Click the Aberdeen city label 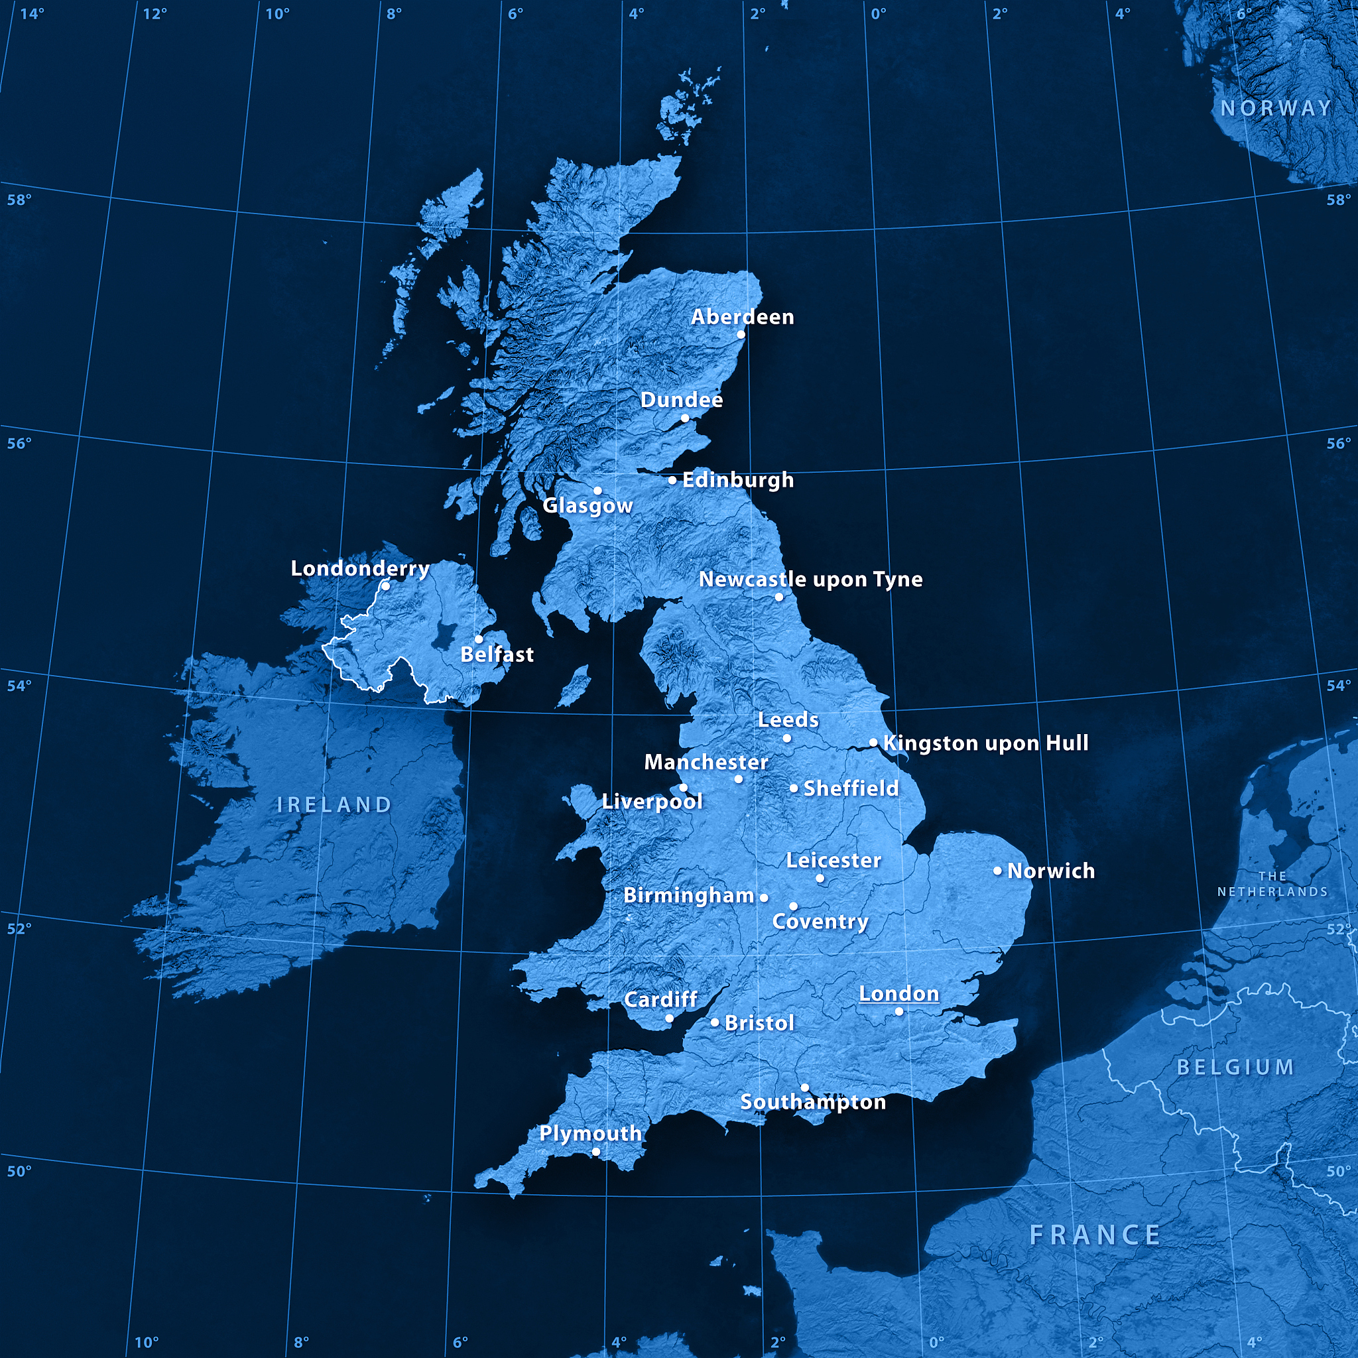[x=742, y=317]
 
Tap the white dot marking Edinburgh [x=672, y=480]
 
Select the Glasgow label [x=587, y=505]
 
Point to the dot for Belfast [x=479, y=639]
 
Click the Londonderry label [x=360, y=568]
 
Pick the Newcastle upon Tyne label [x=810, y=579]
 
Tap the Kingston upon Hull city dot [x=873, y=742]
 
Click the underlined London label [x=899, y=993]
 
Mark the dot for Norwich [x=997, y=871]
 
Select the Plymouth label [x=590, y=1133]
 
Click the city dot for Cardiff [x=669, y=1018]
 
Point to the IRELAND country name [x=335, y=805]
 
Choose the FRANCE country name [x=1094, y=1235]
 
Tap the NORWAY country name [x=1276, y=108]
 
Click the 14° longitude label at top [x=32, y=13]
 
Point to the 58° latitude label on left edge [x=20, y=200]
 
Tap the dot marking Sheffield [x=794, y=788]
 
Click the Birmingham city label [x=689, y=895]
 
